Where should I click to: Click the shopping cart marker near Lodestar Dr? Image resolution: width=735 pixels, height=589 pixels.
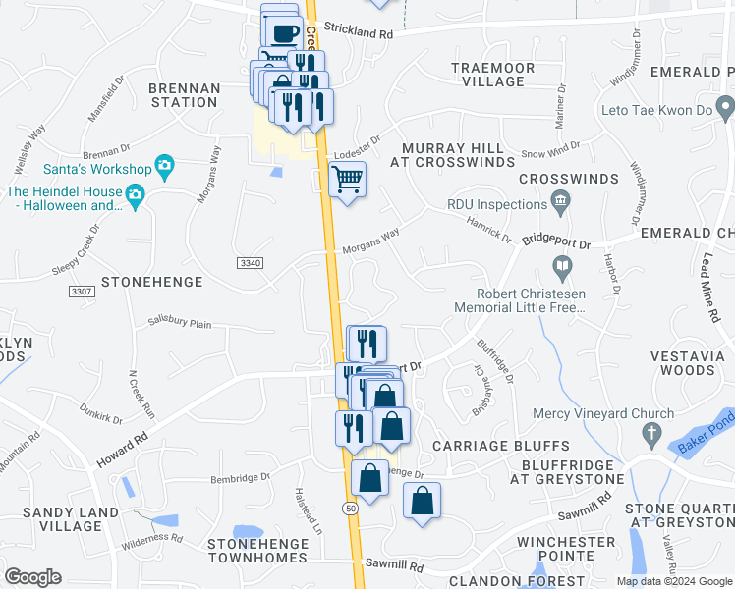347,180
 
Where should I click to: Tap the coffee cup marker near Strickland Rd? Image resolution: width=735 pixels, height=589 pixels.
285,32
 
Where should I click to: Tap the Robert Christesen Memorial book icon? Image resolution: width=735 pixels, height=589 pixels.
561,265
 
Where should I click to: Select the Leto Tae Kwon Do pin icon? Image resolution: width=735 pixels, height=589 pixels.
724,104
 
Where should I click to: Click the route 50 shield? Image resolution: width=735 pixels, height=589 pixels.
351,507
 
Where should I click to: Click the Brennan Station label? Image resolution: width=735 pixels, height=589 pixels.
184,94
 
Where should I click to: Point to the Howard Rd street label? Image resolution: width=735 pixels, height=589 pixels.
122,448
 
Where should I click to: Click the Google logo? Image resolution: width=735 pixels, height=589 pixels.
33,577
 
